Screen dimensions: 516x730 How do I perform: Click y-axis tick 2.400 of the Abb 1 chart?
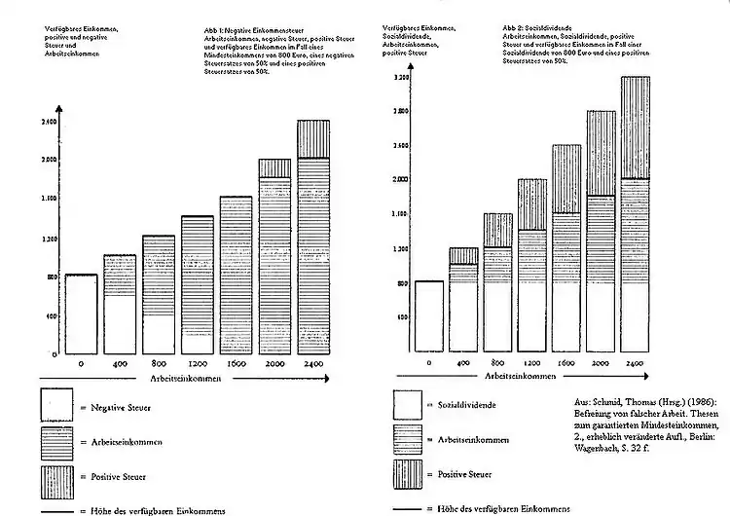click(x=50, y=122)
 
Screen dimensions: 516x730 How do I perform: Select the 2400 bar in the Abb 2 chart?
click(x=635, y=214)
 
